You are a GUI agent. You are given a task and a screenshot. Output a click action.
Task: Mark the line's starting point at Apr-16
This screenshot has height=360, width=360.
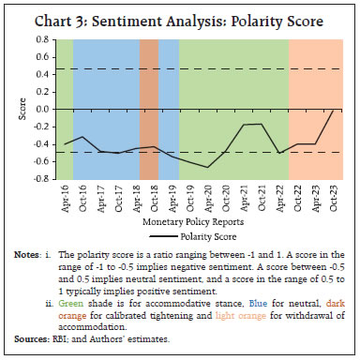click(x=64, y=143)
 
